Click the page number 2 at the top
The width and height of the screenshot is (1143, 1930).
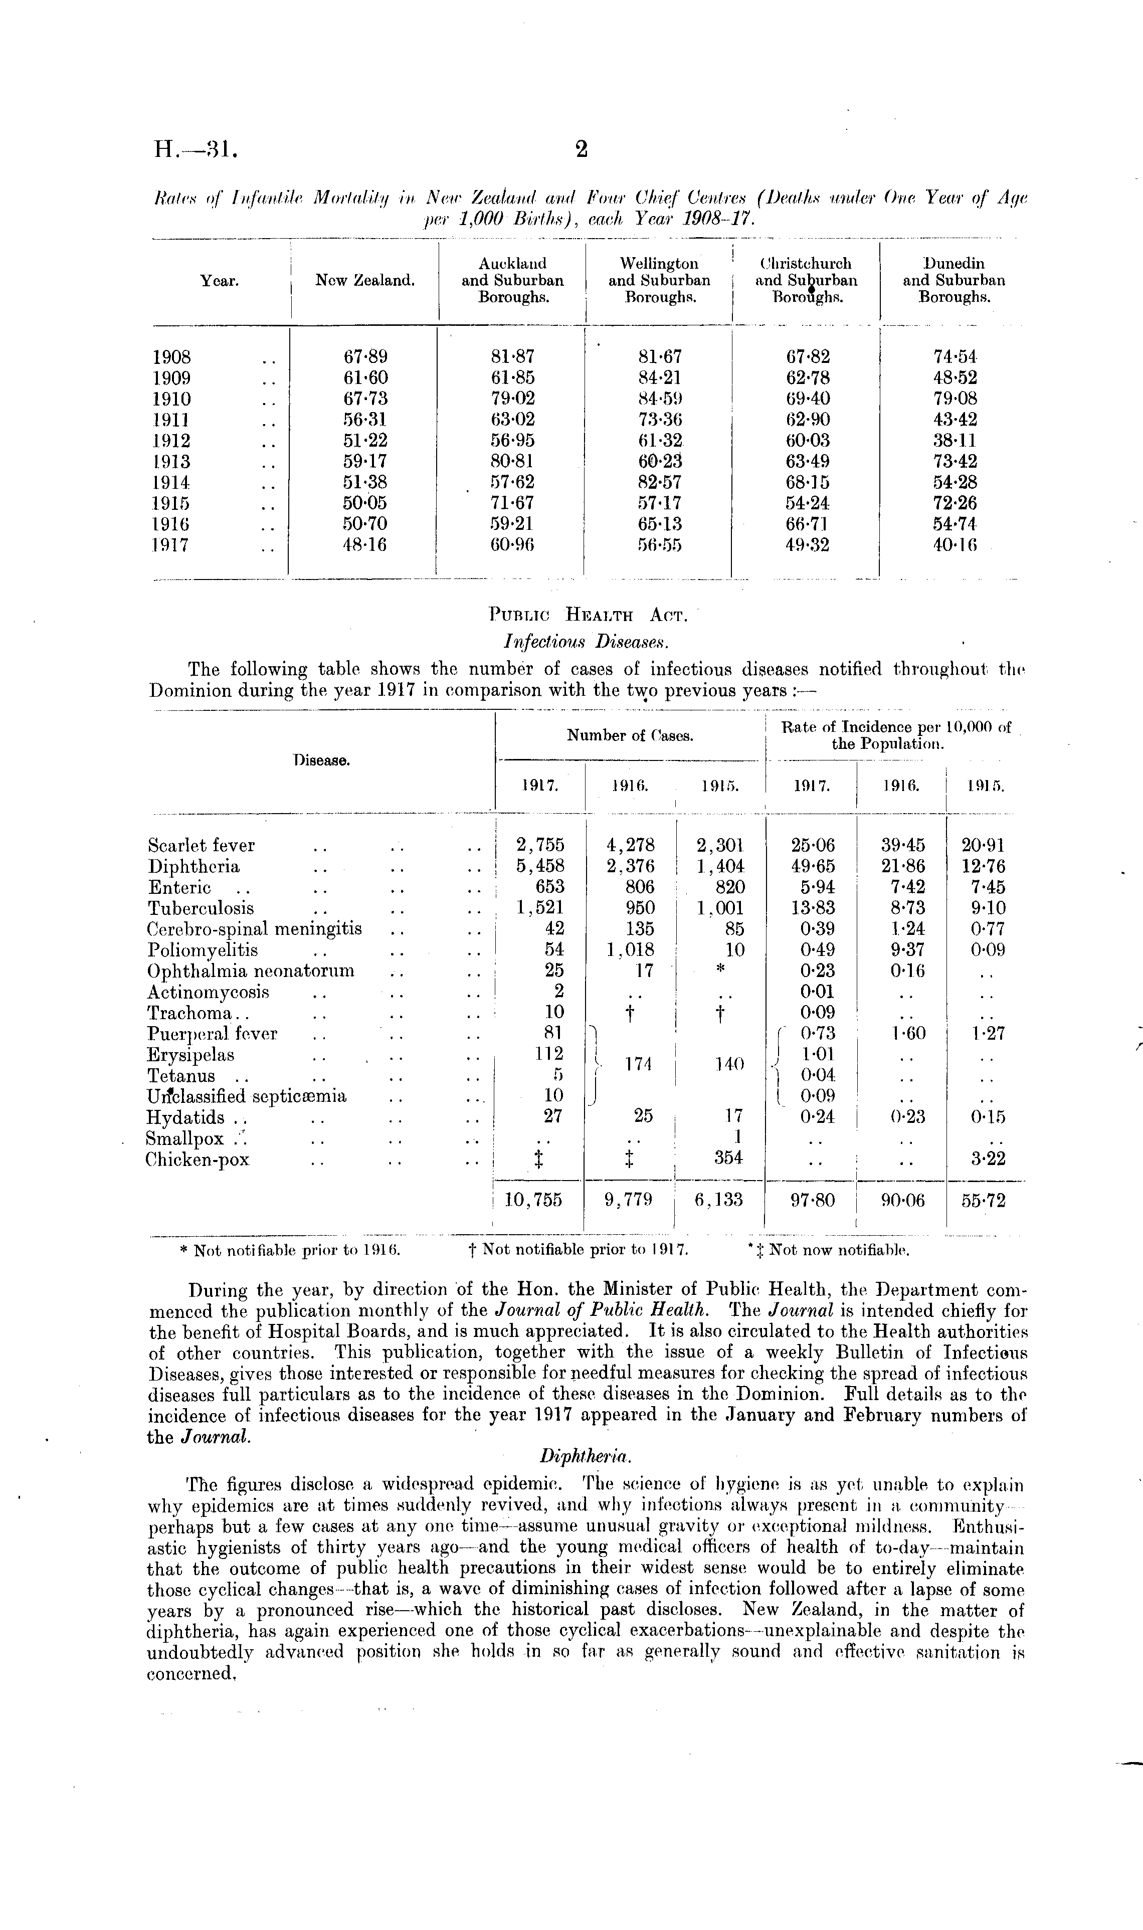tap(582, 149)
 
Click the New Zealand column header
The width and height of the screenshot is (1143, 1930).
tap(365, 281)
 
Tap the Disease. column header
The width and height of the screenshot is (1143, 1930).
tap(322, 760)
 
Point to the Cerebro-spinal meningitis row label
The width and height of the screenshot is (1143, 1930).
tap(254, 929)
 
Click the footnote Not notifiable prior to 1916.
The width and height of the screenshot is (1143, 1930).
tap(290, 1251)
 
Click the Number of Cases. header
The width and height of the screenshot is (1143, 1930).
tap(630, 735)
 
